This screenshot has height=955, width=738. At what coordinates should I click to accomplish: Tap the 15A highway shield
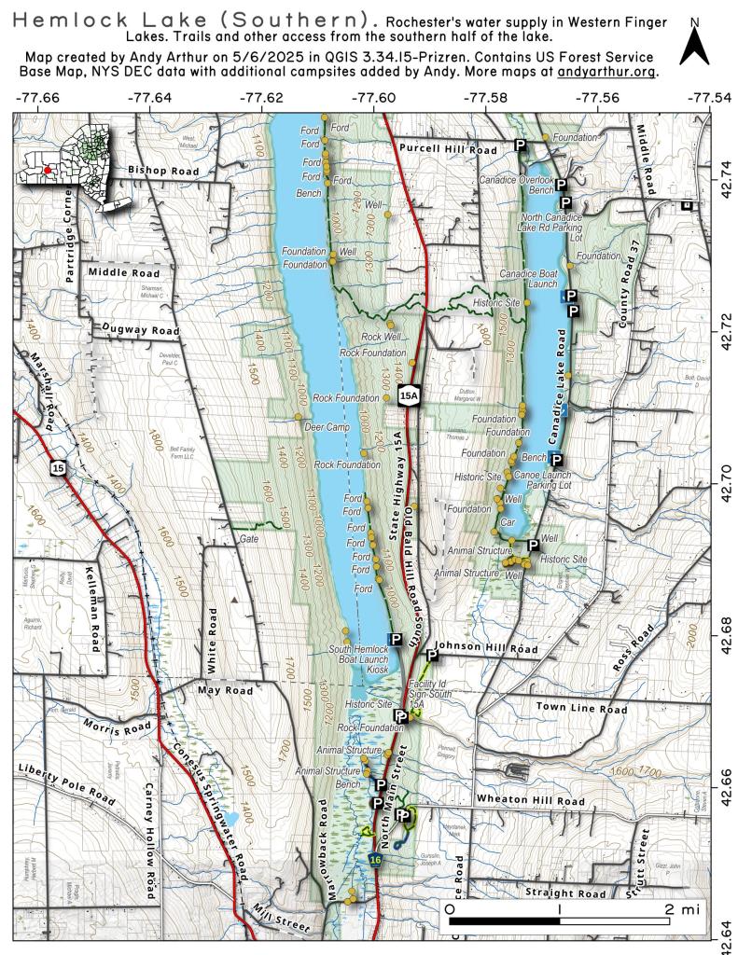click(409, 395)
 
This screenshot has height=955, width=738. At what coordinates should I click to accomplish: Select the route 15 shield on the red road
click(58, 472)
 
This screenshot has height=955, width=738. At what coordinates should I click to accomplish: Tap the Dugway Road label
click(141, 330)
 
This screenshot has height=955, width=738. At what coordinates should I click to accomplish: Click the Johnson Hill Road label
click(488, 647)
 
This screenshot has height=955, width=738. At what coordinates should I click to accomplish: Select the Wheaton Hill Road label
click(530, 800)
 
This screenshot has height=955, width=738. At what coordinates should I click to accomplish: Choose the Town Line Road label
click(580, 709)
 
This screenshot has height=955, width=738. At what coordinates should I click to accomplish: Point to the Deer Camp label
click(326, 427)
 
